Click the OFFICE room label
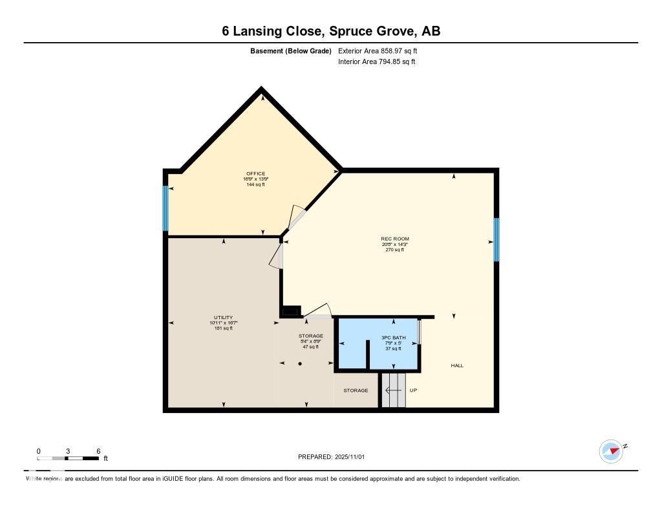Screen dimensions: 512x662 255,173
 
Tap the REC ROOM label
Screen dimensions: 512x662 394,239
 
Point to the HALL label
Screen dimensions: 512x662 457,366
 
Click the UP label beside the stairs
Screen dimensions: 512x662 413,390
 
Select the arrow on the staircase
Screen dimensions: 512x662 392,390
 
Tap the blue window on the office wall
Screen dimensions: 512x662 165,208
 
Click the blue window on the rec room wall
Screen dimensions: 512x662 496,239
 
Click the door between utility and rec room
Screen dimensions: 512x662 277,256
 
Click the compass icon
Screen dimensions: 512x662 611,451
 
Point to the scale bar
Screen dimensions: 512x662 68,458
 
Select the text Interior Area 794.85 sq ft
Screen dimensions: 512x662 376,62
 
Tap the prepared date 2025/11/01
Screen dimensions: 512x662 351,457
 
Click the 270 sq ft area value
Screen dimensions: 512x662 394,250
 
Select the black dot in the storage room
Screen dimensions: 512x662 300,364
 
